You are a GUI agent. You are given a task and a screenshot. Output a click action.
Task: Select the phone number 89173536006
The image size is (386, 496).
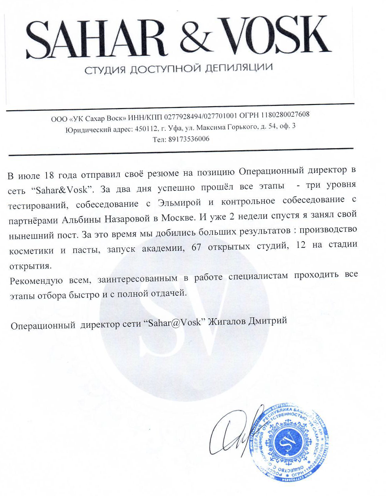[x=189, y=139]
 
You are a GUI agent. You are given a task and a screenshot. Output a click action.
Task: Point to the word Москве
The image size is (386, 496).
[x=178, y=217]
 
